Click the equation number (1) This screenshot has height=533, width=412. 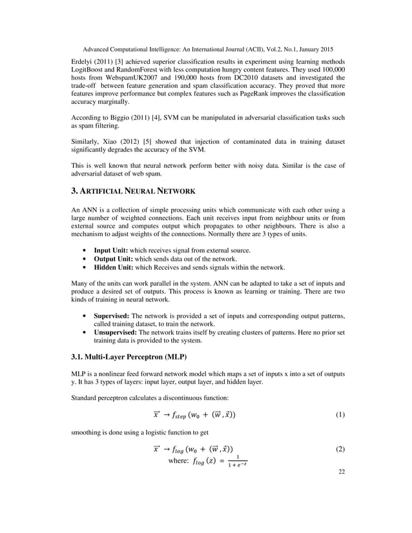(341, 416)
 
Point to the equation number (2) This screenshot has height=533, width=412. (341, 448)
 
